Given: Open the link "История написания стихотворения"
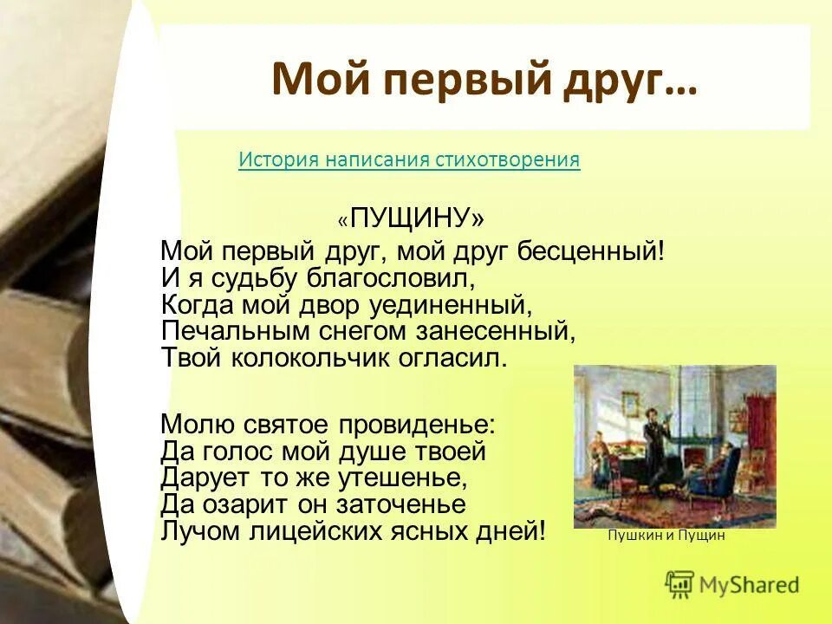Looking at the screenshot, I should coord(409,159).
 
